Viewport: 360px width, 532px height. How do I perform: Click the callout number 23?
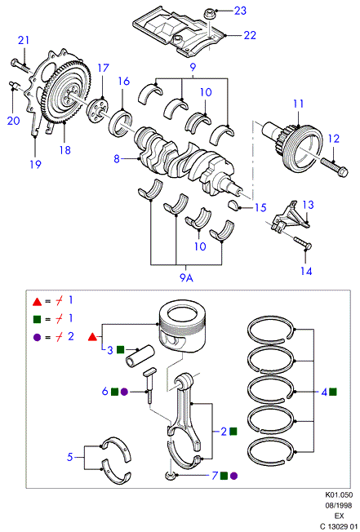click(x=240, y=11)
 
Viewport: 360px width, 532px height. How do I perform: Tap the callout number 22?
click(x=250, y=35)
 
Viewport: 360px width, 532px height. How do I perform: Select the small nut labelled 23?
click(x=209, y=14)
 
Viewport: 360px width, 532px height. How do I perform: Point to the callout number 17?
click(x=103, y=68)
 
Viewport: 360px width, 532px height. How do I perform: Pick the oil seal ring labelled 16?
click(x=121, y=122)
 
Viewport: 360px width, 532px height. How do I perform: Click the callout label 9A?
click(x=186, y=278)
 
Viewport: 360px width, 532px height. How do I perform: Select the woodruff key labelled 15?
click(x=233, y=206)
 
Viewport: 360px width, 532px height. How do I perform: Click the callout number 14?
click(x=306, y=271)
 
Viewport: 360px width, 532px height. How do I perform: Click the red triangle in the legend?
click(x=37, y=301)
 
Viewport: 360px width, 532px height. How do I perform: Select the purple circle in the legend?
click(x=37, y=338)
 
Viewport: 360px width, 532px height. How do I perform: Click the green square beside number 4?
click(x=333, y=392)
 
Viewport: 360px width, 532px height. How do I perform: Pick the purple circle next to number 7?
click(x=233, y=476)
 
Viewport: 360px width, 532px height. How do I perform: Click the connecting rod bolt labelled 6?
click(x=149, y=385)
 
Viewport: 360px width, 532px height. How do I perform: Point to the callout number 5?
click(x=69, y=457)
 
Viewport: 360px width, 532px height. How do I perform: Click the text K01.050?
click(x=339, y=495)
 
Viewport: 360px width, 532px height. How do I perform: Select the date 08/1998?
click(x=339, y=506)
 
